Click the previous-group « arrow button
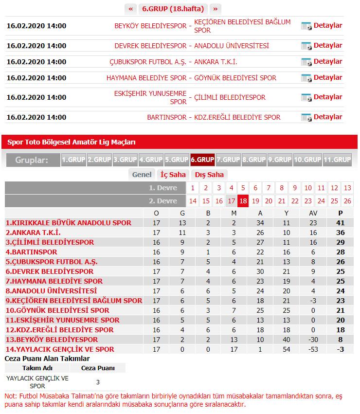(130, 9)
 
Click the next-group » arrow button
(216, 9)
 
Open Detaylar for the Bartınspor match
(327, 117)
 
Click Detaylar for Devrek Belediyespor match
(327, 46)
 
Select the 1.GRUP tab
(73, 160)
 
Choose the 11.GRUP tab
(337, 160)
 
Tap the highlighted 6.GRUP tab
(202, 160)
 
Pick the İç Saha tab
(173, 175)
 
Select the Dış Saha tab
(209, 175)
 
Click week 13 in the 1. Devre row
(347, 188)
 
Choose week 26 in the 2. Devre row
(347, 201)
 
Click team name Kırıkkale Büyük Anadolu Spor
(69, 223)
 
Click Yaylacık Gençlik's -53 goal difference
(313, 349)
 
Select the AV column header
(313, 213)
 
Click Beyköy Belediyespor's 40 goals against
(287, 340)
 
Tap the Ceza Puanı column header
(98, 368)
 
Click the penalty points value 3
(98, 382)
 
